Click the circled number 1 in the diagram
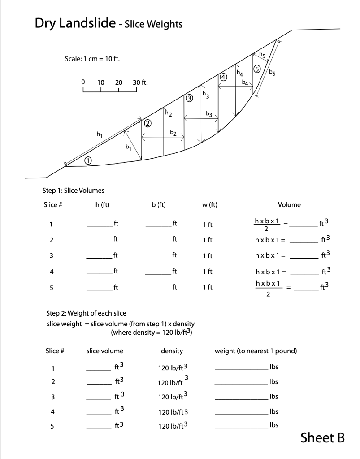(88, 160)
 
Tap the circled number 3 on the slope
(189, 98)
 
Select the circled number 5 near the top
(256, 69)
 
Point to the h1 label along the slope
(100, 134)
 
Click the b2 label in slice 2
(173, 133)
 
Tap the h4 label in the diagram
(240, 73)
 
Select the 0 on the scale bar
(83, 82)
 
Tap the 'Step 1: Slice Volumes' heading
(74, 191)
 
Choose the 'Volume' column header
(289, 205)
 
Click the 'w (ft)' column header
(210, 205)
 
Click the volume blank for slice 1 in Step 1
(305, 226)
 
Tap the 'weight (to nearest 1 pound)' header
(256, 351)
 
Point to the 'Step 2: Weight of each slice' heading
(87, 312)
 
